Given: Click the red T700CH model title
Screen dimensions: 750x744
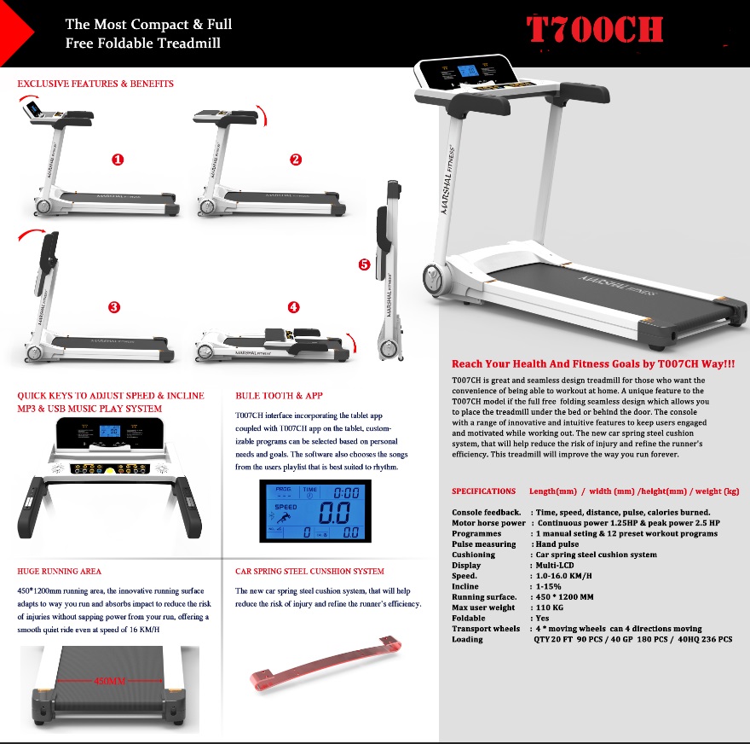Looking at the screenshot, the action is pyautogui.click(x=595, y=29).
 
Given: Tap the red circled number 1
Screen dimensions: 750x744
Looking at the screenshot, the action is pyautogui.click(x=118, y=160).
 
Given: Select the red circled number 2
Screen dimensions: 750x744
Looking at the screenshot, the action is pyautogui.click(x=296, y=160).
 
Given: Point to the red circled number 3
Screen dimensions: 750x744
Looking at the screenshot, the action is pyautogui.click(x=114, y=307).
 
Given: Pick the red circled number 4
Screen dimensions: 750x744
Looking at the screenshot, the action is pyautogui.click(x=294, y=307).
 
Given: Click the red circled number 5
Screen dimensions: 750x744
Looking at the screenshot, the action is pyautogui.click(x=364, y=264).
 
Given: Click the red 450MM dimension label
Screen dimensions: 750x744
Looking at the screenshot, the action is pyautogui.click(x=110, y=680).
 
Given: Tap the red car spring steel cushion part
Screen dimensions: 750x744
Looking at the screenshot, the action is pyautogui.click(x=326, y=663).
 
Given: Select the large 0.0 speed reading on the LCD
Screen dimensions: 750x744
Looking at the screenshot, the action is pyautogui.click(x=334, y=513).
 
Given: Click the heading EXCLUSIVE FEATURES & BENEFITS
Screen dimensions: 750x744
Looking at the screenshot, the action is pyautogui.click(x=95, y=84).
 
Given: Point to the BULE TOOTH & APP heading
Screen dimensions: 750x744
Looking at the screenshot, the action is pyautogui.click(x=279, y=395).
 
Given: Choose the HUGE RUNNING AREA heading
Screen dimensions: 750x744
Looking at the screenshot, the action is pyautogui.click(x=60, y=571).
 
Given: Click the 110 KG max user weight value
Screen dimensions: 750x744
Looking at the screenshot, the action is pyautogui.click(x=549, y=607).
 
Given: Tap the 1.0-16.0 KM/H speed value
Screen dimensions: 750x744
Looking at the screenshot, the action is pyautogui.click(x=563, y=576).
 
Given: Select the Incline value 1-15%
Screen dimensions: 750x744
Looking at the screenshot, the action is pyautogui.click(x=548, y=586).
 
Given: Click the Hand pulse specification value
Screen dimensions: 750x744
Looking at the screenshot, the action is pyautogui.click(x=557, y=544).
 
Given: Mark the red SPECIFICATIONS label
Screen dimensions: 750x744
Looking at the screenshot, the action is pyautogui.click(x=483, y=491).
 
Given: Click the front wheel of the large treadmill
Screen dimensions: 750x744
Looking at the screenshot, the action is pyautogui.click(x=436, y=279).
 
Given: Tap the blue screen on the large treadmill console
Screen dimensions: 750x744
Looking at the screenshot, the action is pyautogui.click(x=467, y=72).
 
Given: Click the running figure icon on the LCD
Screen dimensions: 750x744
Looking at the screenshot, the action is pyautogui.click(x=282, y=518).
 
